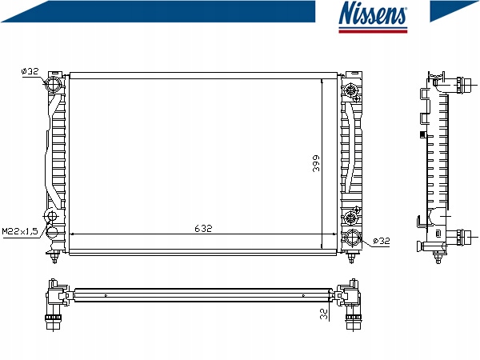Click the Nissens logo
coord(373,16)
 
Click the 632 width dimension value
coord(203,228)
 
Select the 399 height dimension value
coord(316,163)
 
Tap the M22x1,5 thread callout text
coord(20,231)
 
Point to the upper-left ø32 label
coord(30,71)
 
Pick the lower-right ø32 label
coord(382,241)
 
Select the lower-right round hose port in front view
coord(353,238)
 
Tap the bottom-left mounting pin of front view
coord(54,257)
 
